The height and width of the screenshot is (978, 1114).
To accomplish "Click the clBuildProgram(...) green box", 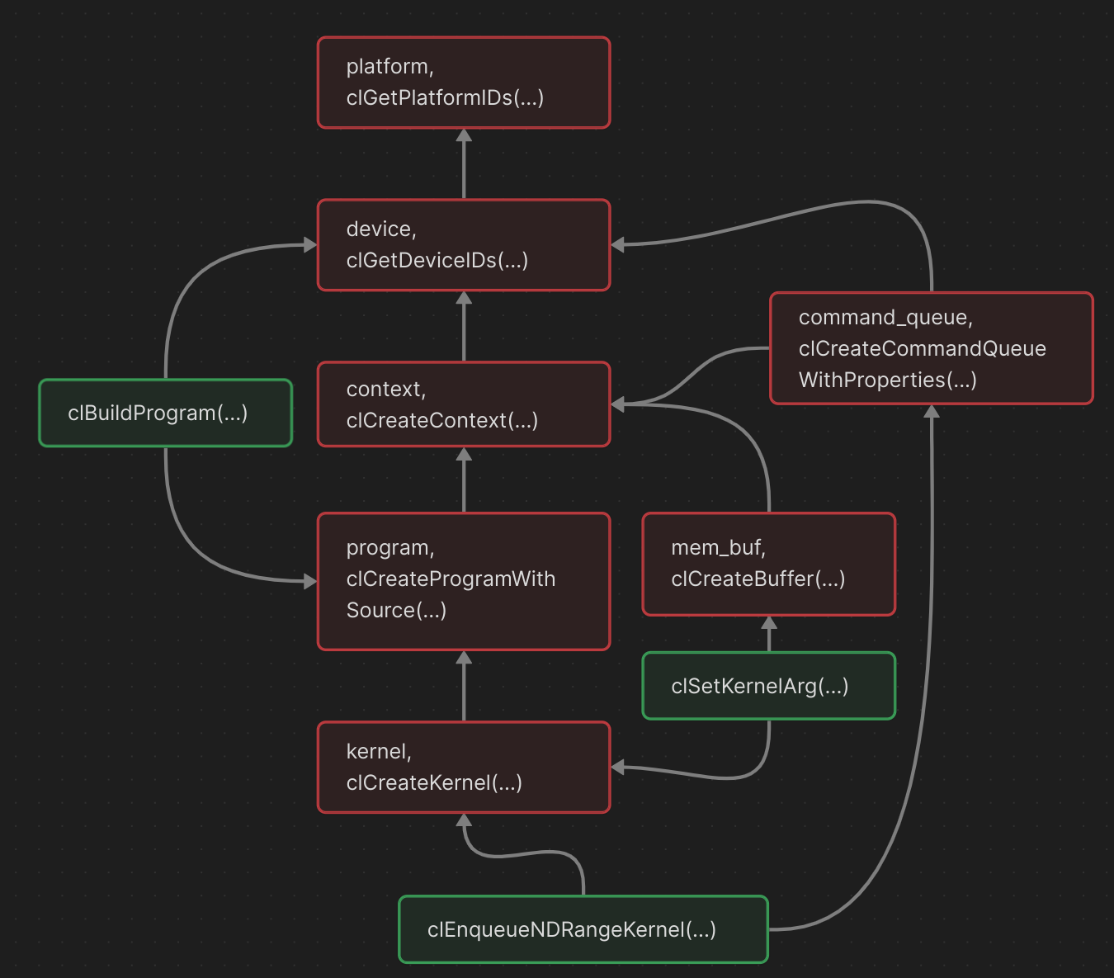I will [x=165, y=413].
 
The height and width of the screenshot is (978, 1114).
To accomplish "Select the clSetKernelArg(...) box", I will [x=768, y=686].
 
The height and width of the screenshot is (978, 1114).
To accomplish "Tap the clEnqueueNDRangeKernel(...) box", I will [x=583, y=929].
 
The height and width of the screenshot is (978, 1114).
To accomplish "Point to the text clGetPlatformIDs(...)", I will [x=445, y=98].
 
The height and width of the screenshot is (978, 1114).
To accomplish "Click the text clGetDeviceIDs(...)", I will [x=437, y=261].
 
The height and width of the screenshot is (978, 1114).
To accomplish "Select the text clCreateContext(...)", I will [x=441, y=421].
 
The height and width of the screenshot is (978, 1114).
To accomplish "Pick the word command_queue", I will [x=885, y=318].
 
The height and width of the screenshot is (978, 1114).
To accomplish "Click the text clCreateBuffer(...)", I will [x=758, y=579].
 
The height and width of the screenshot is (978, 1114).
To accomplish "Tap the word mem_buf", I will [x=717, y=548].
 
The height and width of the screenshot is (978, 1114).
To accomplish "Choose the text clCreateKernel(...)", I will [x=434, y=783].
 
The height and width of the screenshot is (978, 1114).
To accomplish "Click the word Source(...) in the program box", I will [x=396, y=611].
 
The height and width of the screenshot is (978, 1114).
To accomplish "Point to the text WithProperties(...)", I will [x=887, y=380].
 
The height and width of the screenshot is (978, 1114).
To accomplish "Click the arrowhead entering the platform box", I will [x=464, y=135].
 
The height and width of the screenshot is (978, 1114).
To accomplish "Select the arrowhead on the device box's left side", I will [x=310, y=245].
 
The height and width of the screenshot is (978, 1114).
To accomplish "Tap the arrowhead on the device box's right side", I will [x=618, y=244].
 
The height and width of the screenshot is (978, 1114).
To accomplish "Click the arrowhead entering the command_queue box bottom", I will [x=932, y=411].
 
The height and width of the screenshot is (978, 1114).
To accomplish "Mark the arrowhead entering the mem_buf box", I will [x=769, y=622].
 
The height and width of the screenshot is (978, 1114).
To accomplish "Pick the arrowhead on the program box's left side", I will [x=310, y=582].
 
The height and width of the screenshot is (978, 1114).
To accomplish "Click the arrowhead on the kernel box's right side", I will [x=618, y=768].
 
